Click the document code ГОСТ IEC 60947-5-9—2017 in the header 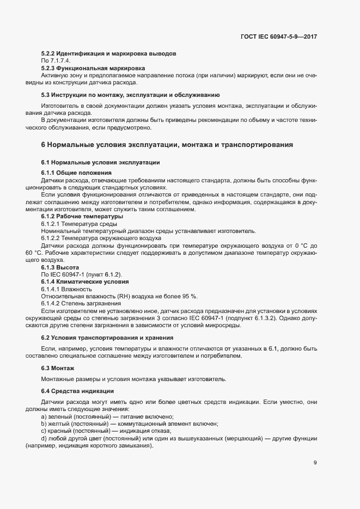click(x=278, y=36)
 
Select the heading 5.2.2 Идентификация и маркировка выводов click(x=108, y=54)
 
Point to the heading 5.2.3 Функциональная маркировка click(x=93, y=69)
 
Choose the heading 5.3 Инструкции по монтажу click(x=130, y=95)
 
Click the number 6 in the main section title click(x=44, y=145)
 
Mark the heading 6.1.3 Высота click(x=60, y=267)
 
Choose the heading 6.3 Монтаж click(x=58, y=369)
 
